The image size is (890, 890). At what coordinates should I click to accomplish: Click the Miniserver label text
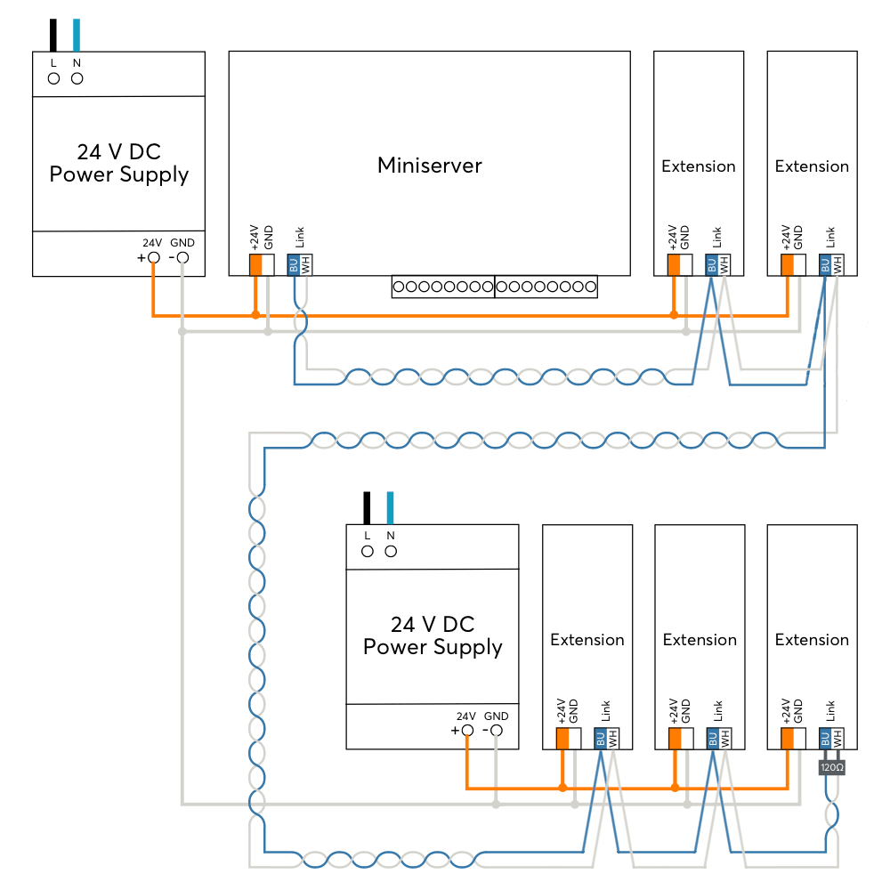[x=430, y=166]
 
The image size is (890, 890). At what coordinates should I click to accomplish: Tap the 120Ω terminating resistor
[x=831, y=767]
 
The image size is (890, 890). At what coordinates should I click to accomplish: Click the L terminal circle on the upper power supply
[x=54, y=79]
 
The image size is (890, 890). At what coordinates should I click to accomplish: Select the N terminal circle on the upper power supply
[x=77, y=79]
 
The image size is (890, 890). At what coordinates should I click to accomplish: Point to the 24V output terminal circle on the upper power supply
[x=154, y=258]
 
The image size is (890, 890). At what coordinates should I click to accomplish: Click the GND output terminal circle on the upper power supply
[x=182, y=258]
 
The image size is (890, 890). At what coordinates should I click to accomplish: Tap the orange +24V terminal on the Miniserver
[x=256, y=264]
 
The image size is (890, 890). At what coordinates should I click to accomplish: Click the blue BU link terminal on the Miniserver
[x=294, y=264]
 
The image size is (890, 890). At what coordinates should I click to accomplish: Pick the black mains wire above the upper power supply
[x=53, y=36]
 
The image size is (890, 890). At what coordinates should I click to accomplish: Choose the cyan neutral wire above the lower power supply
[x=390, y=508]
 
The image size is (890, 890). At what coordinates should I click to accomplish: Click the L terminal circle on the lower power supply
[x=368, y=551]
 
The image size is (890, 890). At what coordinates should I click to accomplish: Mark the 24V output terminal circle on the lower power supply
[x=468, y=731]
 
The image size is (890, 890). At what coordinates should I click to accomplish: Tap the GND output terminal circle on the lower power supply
[x=497, y=731]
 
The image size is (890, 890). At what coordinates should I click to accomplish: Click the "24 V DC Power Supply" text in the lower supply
[x=433, y=635]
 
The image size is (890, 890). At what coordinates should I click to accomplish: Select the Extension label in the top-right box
[x=812, y=166]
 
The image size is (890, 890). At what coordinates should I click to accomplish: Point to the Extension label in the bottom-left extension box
[x=587, y=640]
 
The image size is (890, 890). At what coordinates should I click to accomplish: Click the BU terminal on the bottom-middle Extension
[x=713, y=738]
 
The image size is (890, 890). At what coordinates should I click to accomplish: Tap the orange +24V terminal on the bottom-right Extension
[x=788, y=738]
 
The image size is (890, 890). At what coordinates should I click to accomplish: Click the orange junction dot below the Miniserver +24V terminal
[x=256, y=315]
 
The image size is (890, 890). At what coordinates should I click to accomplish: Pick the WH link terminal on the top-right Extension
[x=837, y=264]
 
